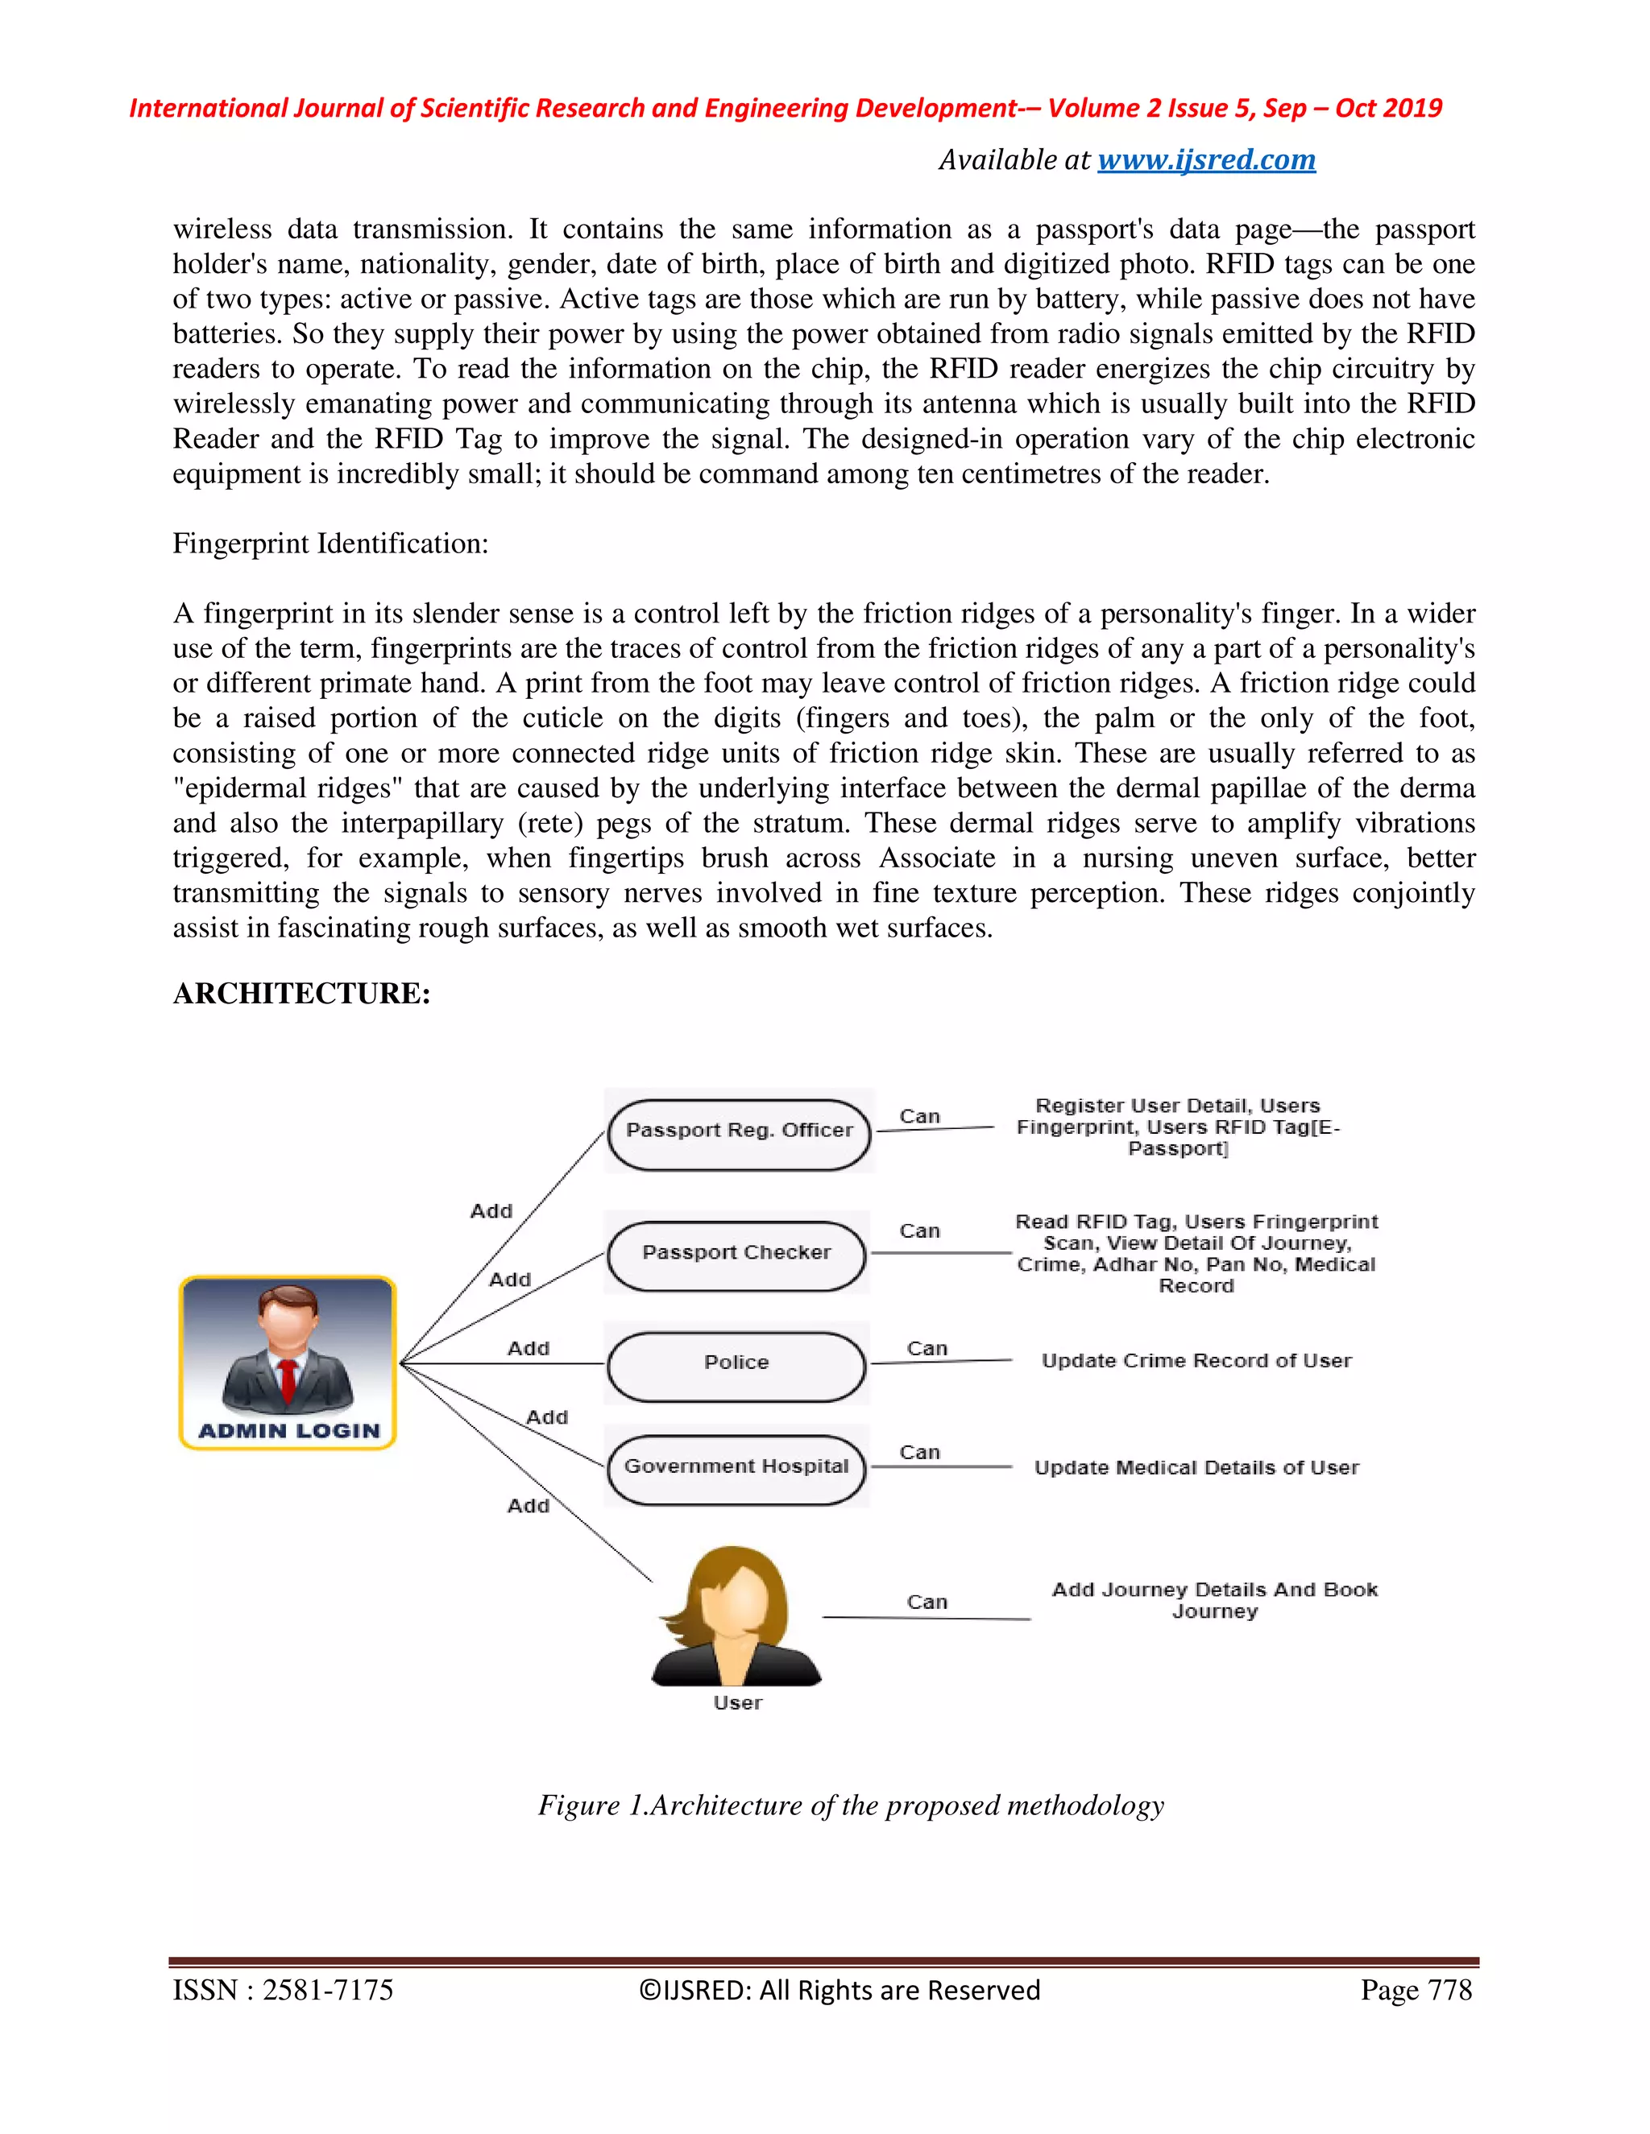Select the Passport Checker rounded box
point(736,1254)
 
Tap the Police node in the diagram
point(736,1363)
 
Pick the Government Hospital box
point(736,1466)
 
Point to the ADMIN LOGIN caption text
point(288,1430)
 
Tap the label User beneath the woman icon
point(737,1703)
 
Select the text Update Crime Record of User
point(1196,1361)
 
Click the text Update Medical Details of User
point(1196,1467)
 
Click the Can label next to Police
point(927,1348)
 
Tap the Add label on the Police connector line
point(528,1348)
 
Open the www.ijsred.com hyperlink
point(1206,159)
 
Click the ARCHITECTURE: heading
point(301,993)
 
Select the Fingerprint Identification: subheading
point(330,544)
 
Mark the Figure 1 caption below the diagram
point(851,1805)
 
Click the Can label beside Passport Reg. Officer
point(918,1116)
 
